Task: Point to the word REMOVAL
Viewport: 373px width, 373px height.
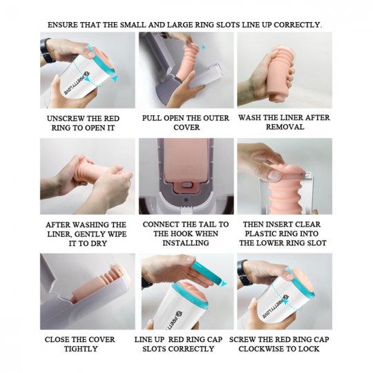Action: pos(285,127)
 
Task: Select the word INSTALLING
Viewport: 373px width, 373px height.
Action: pos(186,243)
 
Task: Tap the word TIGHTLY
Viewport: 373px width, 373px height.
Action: pos(81,349)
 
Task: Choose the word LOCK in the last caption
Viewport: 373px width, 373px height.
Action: pos(309,349)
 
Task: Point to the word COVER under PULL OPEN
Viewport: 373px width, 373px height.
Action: pos(186,127)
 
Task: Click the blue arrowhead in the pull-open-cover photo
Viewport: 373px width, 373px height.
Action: pos(203,47)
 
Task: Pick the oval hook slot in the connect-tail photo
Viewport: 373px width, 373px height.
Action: pos(186,184)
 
